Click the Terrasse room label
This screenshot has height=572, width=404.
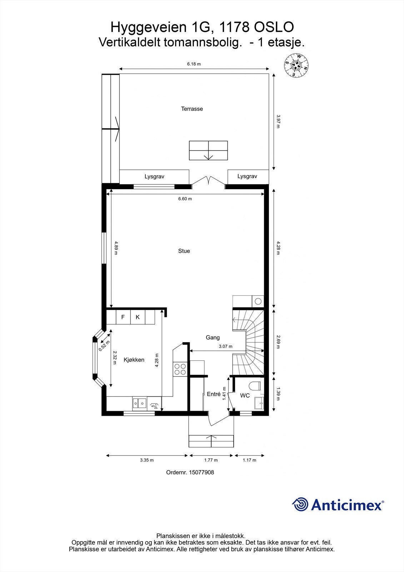click(192, 109)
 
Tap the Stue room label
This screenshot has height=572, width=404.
click(184, 251)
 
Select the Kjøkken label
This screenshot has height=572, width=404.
click(134, 360)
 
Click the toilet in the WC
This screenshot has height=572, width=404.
click(255, 386)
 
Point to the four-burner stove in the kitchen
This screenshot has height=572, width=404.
click(180, 369)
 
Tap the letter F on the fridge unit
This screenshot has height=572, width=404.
click(123, 317)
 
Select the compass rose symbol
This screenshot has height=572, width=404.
click(296, 65)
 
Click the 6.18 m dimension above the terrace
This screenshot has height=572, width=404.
click(194, 64)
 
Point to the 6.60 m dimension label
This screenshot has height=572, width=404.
click(185, 199)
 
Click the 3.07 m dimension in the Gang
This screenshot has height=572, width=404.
click(225, 346)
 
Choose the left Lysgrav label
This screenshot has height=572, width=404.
click(154, 177)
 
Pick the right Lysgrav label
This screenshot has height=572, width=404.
click(247, 176)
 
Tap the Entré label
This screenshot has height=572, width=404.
click(214, 394)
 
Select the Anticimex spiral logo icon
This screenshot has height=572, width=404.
click(300, 504)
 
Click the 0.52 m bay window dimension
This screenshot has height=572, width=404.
click(104, 344)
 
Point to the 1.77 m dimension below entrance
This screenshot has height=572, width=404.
click(211, 460)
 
